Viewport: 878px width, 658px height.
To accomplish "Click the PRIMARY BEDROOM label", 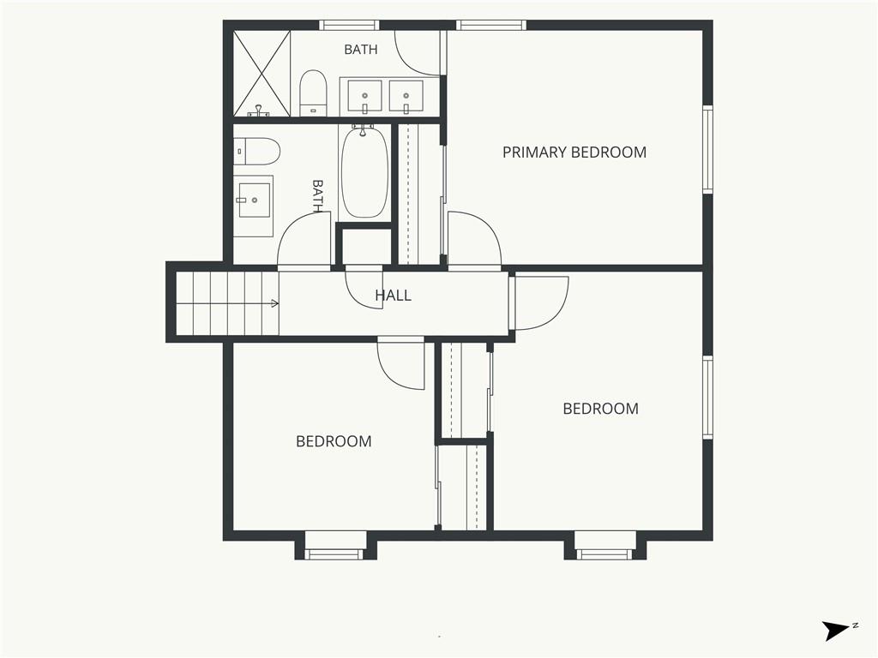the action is pos(574,153).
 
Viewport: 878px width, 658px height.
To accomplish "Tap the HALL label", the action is pos(393,296).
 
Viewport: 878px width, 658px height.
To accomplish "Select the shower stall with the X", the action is pos(262,74).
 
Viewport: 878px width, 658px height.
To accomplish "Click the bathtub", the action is pos(364,172).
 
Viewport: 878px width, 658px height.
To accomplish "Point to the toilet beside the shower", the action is pos(313,93).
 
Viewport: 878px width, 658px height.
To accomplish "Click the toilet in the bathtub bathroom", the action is pos(256,151).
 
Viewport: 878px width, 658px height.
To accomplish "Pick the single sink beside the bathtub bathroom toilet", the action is pos(254,199).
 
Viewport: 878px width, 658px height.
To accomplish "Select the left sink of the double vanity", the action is pos(364,96).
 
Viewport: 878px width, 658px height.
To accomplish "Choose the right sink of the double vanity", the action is pos(406,96).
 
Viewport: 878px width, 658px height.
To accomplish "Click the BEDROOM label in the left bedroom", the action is pos(334,441).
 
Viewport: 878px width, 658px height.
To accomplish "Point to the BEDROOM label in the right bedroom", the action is pos(600,409).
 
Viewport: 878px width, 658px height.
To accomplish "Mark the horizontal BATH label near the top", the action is pos(361,50).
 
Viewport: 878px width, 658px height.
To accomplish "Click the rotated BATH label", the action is pos(318,196).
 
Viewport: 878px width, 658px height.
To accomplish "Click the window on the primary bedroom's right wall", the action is pos(707,149).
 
